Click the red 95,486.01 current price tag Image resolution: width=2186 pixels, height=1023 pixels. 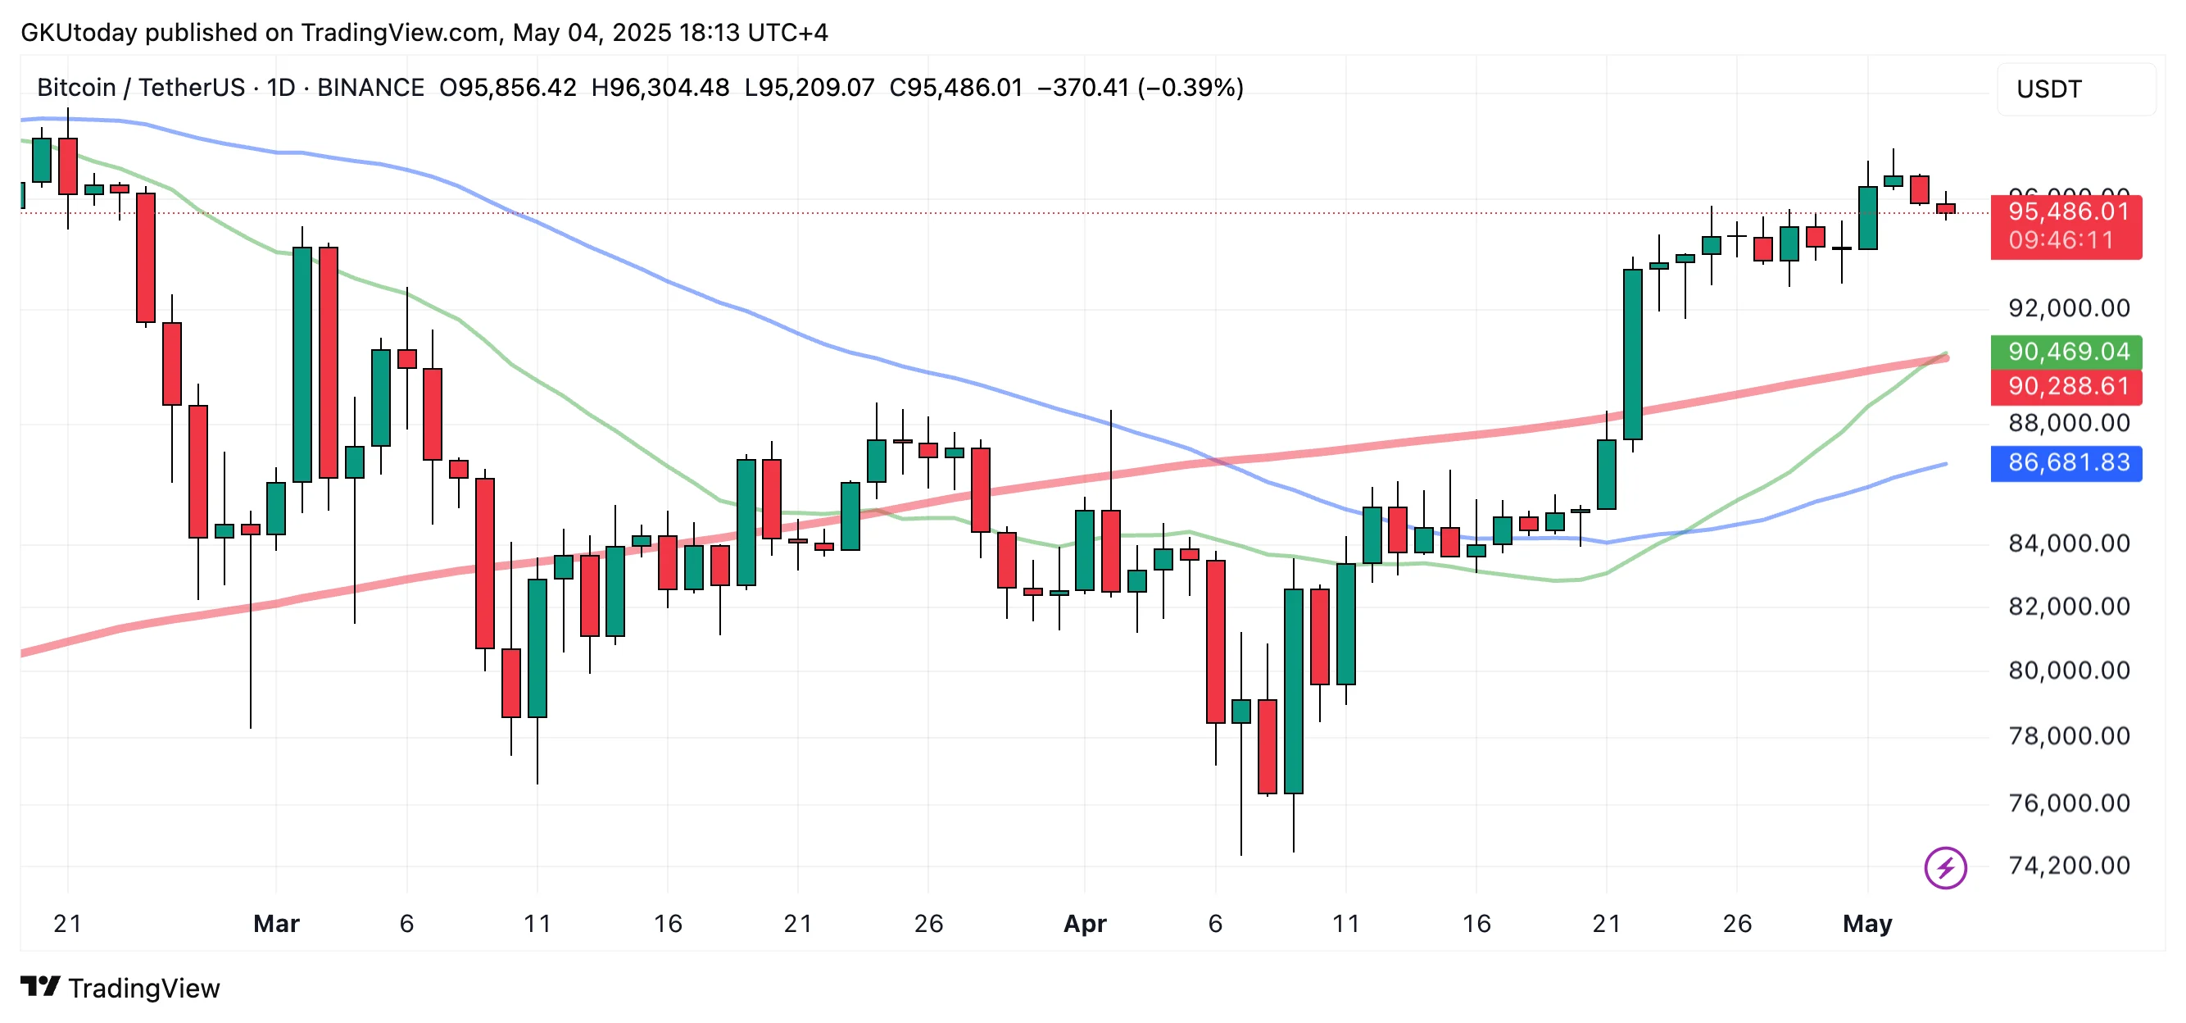tap(2067, 212)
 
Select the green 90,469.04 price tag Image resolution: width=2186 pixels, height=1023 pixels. tap(2067, 352)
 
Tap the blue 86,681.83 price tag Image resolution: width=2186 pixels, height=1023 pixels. tap(2067, 462)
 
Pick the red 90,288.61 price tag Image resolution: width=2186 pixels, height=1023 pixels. tap(2067, 387)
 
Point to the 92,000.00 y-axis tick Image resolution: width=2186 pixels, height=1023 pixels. tap(2067, 308)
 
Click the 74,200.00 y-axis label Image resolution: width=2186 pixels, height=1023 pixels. tap(2067, 866)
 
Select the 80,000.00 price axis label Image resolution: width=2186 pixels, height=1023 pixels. tap(2067, 671)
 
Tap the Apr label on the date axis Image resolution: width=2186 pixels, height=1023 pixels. tap(1085, 924)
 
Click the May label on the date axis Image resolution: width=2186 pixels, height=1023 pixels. tap(1867, 924)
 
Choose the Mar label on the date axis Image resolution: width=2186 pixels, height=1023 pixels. tap(277, 924)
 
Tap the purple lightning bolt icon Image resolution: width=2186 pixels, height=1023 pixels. tap(1945, 867)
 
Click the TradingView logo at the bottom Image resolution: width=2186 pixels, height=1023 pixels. tap(120, 989)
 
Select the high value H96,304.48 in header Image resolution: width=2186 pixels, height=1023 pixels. tap(660, 88)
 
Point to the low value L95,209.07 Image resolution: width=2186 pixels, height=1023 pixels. tap(809, 88)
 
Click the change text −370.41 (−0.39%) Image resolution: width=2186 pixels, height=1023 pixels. tap(1140, 88)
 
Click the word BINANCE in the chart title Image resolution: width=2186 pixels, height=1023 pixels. tap(370, 88)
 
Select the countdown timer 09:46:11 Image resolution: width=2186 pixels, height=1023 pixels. tap(2061, 240)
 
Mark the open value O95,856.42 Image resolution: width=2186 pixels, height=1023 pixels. tap(507, 88)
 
